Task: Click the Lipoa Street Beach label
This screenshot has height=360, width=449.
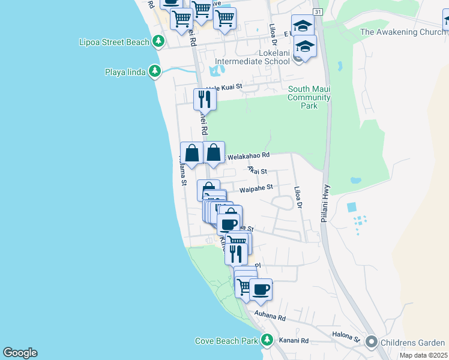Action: [x=114, y=42]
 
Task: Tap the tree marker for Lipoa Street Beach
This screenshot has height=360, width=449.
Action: [x=158, y=41]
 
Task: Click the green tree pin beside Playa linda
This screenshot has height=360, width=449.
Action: [x=155, y=72]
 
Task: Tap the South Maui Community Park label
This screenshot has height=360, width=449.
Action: [x=309, y=97]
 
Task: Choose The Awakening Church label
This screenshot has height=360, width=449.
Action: [x=399, y=32]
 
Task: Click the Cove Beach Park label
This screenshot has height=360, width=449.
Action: [x=226, y=341]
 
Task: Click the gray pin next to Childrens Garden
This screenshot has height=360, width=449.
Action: [x=371, y=343]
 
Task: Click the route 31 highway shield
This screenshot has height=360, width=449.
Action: [x=318, y=12]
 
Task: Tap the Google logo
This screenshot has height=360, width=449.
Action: [x=20, y=353]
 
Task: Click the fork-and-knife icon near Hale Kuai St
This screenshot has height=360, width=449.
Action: [x=205, y=99]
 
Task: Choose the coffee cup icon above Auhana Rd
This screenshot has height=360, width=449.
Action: [x=261, y=290]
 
